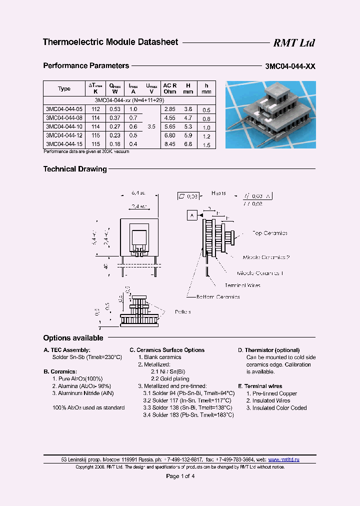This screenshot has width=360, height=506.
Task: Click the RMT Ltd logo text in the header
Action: [x=293, y=43]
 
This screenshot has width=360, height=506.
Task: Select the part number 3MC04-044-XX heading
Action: [x=290, y=66]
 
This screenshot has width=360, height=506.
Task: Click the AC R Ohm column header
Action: [x=170, y=88]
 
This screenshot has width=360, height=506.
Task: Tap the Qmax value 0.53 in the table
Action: [x=115, y=109]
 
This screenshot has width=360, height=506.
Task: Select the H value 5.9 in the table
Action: [x=188, y=136]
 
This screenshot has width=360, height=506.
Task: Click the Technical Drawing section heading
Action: [x=75, y=169]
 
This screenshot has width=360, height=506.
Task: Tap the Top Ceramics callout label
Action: [x=270, y=233]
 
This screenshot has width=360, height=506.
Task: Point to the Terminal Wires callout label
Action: [x=242, y=285]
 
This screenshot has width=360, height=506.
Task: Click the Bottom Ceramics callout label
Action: [x=218, y=297]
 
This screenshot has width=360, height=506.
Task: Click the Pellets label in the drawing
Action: [x=183, y=311]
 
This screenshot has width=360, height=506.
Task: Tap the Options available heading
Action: [x=73, y=338]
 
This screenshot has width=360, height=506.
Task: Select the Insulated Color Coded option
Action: [x=276, y=408]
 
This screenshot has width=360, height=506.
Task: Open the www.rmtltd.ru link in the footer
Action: [x=284, y=459]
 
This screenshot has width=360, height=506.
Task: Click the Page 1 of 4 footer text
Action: [x=180, y=476]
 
